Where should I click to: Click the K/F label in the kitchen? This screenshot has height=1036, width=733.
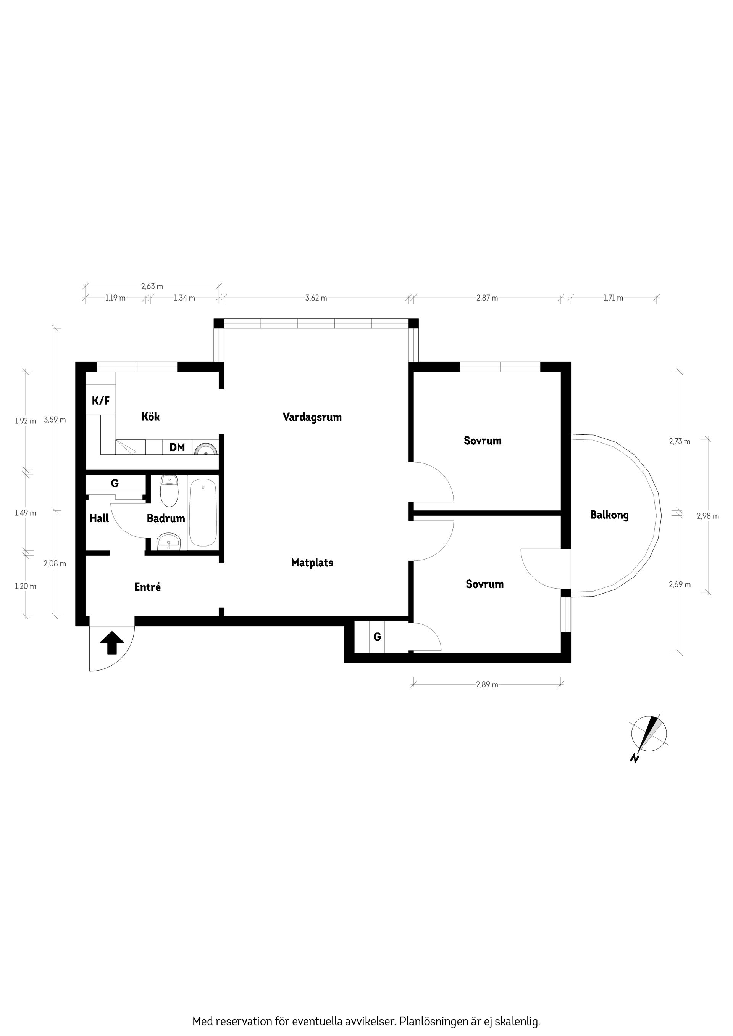[101, 400]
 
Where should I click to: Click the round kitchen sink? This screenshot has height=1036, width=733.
[205, 449]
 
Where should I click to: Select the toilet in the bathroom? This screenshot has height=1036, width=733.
[170, 491]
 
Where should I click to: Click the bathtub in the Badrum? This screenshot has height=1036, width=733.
[203, 513]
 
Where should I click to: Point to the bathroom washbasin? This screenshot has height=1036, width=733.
[168, 542]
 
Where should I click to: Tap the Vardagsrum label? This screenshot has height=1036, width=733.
[312, 417]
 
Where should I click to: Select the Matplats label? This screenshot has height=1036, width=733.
[312, 563]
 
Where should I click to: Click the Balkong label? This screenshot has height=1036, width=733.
[609, 515]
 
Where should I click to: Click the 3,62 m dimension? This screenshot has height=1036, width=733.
[316, 298]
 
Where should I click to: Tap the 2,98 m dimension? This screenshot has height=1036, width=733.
[708, 516]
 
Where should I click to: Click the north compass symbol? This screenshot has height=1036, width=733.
[649, 734]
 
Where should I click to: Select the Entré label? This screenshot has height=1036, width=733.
[148, 587]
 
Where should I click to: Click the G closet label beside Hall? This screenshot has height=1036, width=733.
[115, 483]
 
